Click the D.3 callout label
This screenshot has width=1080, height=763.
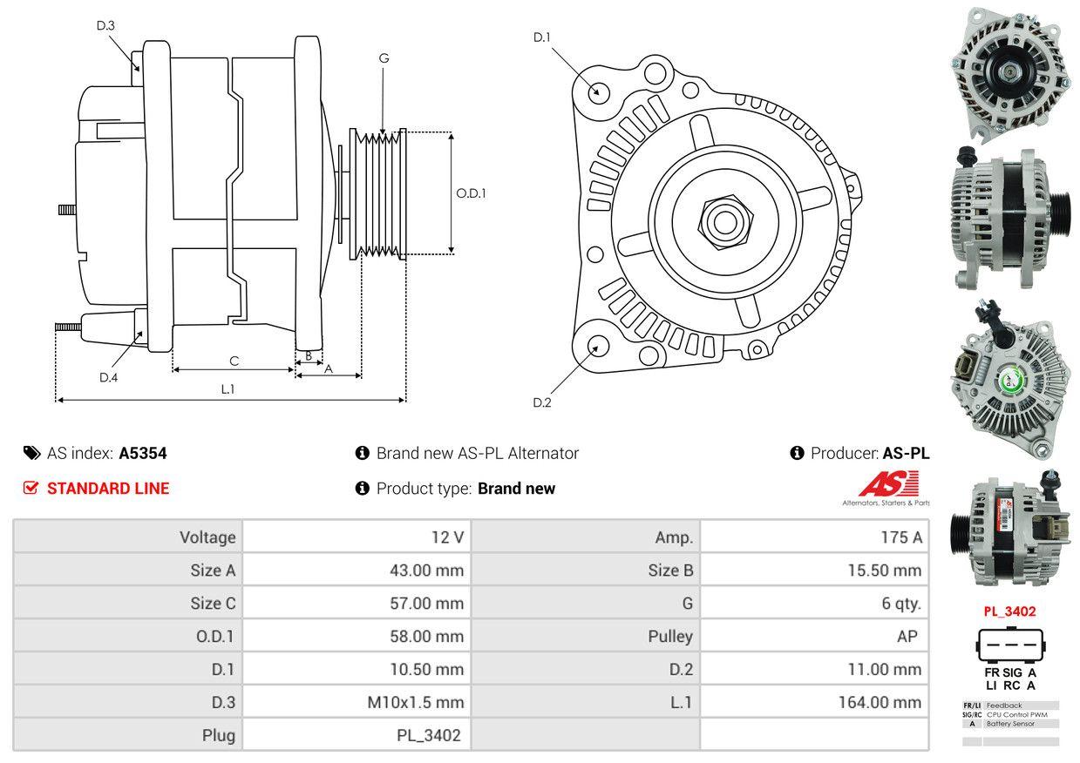[105, 25]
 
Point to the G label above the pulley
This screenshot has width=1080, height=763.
[384, 58]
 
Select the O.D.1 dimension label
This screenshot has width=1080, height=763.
[471, 193]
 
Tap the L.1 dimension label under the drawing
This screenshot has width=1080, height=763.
[228, 388]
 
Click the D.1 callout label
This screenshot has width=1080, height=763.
[542, 37]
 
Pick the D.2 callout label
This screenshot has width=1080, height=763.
[542, 402]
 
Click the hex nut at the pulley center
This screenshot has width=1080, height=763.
[725, 222]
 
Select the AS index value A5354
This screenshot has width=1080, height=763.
[143, 453]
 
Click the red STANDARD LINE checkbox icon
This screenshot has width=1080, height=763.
[31, 488]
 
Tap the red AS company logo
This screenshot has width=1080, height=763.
[888, 483]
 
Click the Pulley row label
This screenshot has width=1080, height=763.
[670, 637]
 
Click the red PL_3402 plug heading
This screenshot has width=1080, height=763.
[1009, 611]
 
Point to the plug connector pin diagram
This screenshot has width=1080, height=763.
[1010, 644]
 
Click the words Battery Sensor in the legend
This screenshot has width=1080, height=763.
[1010, 724]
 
